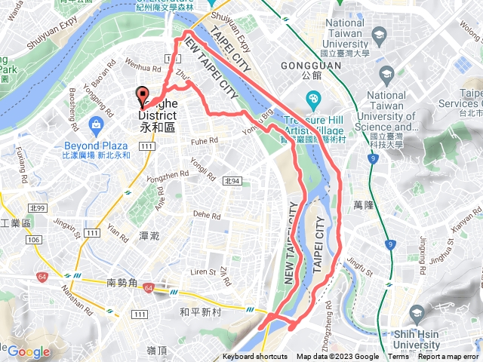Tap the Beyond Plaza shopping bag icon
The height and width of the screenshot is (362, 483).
[95, 124]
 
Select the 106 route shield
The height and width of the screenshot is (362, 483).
[32, 241]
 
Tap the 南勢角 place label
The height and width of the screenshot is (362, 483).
[122, 283]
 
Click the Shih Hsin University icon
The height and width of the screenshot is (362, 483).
[416, 312]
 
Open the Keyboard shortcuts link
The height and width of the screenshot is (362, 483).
[255, 357]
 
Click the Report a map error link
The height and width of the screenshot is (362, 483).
[449, 357]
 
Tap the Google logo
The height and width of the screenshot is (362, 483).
[29, 351]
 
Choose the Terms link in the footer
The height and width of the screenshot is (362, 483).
[398, 357]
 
